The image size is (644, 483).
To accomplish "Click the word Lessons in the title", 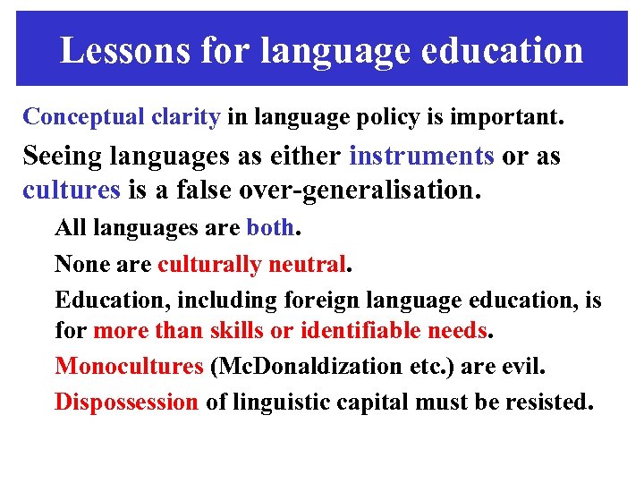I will (x=123, y=51).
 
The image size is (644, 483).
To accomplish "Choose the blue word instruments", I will (x=421, y=156).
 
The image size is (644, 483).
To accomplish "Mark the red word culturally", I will (x=209, y=264).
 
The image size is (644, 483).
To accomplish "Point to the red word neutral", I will (x=309, y=264).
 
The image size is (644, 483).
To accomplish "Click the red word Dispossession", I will (x=126, y=402).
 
